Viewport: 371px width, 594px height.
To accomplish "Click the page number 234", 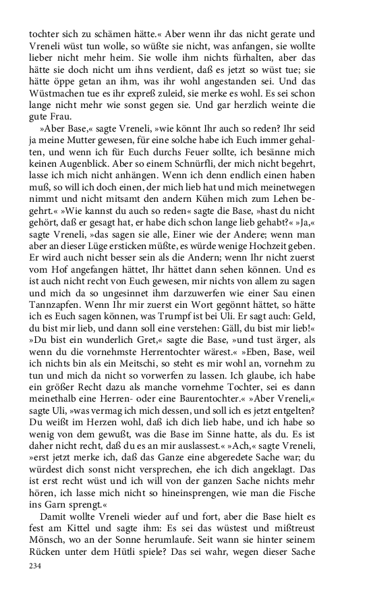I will pyautogui.click(x=35, y=565).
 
